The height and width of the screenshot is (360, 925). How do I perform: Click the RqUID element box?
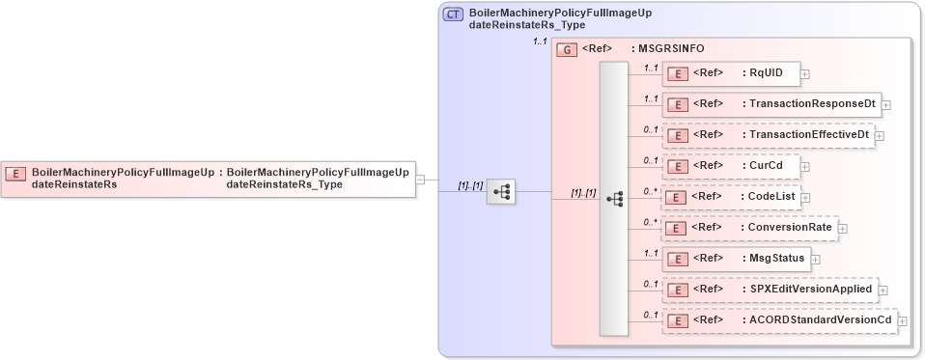tap(731, 72)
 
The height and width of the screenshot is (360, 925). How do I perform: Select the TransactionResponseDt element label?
tap(811, 103)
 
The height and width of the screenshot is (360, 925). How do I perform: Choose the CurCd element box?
tap(731, 166)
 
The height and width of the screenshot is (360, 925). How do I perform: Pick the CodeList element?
tap(731, 197)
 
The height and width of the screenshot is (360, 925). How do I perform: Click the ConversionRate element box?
tap(749, 228)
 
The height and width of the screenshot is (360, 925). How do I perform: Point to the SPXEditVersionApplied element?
tap(769, 289)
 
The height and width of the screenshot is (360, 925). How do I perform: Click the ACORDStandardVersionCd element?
tap(778, 320)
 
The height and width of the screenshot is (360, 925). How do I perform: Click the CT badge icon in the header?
tap(452, 14)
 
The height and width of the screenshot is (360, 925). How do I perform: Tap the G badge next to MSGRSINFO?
tap(568, 48)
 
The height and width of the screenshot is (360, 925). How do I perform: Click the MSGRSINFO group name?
tap(667, 48)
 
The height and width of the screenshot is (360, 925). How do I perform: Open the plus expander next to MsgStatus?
tap(815, 259)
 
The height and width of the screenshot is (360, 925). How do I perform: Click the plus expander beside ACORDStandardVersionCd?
tap(903, 320)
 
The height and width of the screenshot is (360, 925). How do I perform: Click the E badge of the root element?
tap(15, 174)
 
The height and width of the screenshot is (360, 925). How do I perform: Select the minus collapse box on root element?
tap(420, 179)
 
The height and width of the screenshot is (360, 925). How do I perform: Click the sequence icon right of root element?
tap(501, 192)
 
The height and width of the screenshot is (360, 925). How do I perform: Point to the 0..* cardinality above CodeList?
tap(651, 191)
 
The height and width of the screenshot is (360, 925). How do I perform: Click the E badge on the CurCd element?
tap(679, 166)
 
